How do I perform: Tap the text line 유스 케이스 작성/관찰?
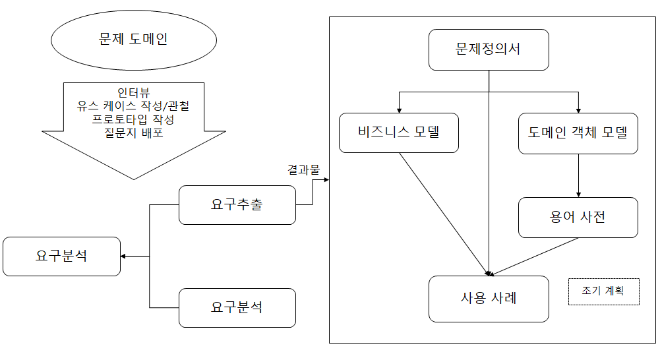(x=134, y=105)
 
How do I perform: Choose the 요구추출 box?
(x=237, y=204)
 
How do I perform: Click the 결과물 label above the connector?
(x=303, y=169)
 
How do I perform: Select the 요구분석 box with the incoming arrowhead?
(x=61, y=256)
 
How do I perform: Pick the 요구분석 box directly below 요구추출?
(x=237, y=307)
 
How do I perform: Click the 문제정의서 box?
(x=489, y=49)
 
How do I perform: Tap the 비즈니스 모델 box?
(x=399, y=133)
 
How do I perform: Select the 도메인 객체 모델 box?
(x=578, y=133)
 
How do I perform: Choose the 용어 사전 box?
(x=578, y=217)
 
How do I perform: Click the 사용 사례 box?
(x=489, y=298)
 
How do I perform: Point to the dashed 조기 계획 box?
(x=603, y=290)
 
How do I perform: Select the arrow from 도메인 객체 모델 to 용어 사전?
(x=578, y=175)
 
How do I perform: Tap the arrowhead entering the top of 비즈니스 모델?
(x=399, y=109)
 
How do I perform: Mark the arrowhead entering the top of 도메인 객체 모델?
(x=578, y=109)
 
